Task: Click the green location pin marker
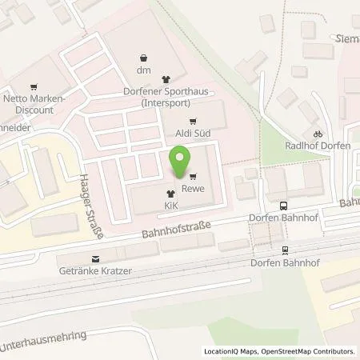(182, 161)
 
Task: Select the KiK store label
(170, 205)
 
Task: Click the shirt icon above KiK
(170, 194)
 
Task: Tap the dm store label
(142, 70)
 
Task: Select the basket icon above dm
(142, 58)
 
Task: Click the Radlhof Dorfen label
(318, 146)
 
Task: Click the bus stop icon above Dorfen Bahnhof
(284, 205)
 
